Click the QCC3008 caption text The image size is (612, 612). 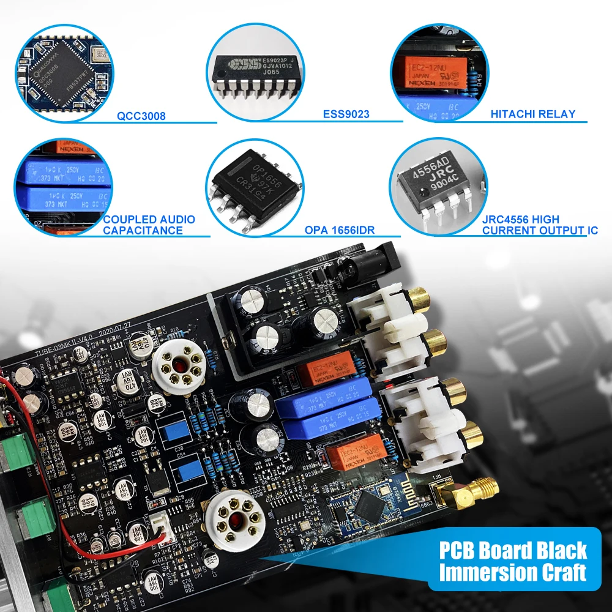(141, 116)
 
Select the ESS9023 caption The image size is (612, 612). (346, 114)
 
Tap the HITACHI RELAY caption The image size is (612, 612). (533, 114)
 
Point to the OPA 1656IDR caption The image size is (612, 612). (339, 231)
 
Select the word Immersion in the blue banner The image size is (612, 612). (490, 573)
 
